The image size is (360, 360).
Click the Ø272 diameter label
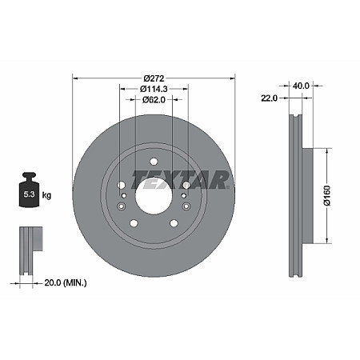pos(154,78)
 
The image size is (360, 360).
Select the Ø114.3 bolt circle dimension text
pos(154,89)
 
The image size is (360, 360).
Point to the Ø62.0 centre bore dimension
pos(154,100)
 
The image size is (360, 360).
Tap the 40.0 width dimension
pos(302,85)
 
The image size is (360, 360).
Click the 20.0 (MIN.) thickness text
pos(65,282)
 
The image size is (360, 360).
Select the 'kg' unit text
pos(46,194)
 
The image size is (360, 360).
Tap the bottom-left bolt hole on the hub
pos(134,222)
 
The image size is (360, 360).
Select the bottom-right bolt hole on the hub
pos(174,222)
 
